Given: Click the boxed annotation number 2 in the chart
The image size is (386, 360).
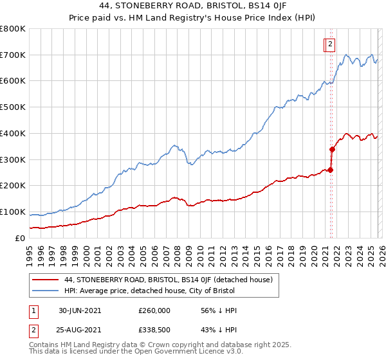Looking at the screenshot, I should (329, 44).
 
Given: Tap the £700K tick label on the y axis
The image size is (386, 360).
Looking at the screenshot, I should (13, 55).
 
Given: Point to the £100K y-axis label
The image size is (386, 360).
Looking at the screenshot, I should (13, 212).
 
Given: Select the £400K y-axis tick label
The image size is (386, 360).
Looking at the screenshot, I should (13, 134).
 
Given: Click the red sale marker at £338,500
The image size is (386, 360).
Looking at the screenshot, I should (333, 150).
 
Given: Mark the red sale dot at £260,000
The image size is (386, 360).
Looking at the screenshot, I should (331, 170).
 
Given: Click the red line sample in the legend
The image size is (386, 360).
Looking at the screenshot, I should (46, 280).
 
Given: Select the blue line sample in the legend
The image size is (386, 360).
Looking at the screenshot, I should (46, 291).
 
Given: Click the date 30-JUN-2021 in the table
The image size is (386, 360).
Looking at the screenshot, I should (80, 310).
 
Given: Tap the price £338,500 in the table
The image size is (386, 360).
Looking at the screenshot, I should (154, 329).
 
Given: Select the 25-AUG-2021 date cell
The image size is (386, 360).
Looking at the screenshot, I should (80, 329).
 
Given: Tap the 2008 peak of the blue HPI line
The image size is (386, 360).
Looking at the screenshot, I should (174, 145).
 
